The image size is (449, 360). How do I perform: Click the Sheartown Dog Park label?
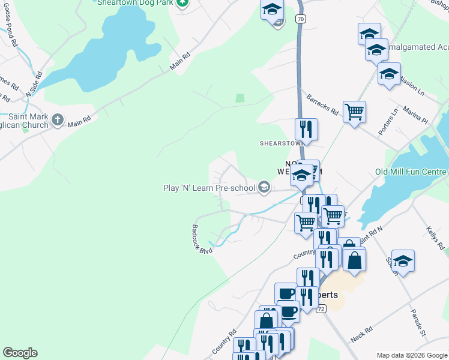[x=135, y=2]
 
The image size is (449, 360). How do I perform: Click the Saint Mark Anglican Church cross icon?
[x=58, y=119]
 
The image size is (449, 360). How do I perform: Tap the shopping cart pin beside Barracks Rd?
[x=355, y=111]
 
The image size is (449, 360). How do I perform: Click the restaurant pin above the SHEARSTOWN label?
[x=306, y=128]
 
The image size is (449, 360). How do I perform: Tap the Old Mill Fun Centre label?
[x=412, y=172]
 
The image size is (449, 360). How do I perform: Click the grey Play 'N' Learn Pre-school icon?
[x=264, y=188]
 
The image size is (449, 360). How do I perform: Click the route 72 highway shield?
[x=322, y=308]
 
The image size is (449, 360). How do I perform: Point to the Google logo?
[x=20, y=353]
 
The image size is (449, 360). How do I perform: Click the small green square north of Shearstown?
[x=240, y=98]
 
